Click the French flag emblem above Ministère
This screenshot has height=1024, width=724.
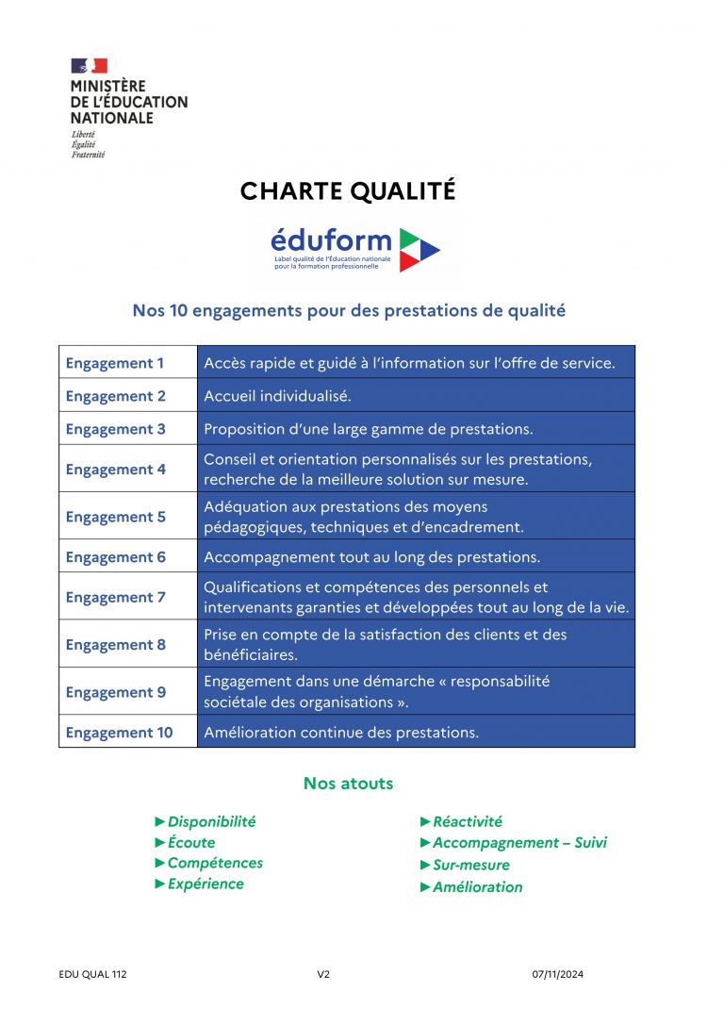click(89, 66)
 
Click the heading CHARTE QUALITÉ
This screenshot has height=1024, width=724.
click(348, 191)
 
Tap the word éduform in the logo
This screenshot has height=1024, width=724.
click(330, 240)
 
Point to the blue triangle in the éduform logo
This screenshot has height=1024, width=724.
click(430, 250)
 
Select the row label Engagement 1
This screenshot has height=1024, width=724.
click(115, 363)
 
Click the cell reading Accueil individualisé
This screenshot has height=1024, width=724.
click(277, 396)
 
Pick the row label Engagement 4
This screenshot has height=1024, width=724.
click(115, 469)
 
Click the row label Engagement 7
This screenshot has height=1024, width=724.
click(115, 597)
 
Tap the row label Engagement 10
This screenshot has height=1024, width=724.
click(119, 733)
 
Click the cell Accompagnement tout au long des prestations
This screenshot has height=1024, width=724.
click(371, 557)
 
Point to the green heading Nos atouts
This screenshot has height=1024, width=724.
click(348, 784)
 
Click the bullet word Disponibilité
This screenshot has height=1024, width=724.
click(211, 822)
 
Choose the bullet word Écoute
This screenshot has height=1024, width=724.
click(191, 843)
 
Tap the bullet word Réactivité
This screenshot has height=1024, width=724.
click(468, 822)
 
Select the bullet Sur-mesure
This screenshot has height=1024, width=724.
click(470, 865)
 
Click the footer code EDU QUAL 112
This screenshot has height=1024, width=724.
click(92, 975)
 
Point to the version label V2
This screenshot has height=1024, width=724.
click(323, 975)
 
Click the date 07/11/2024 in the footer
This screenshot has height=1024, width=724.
click(558, 975)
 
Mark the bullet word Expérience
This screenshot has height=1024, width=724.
click(206, 884)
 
